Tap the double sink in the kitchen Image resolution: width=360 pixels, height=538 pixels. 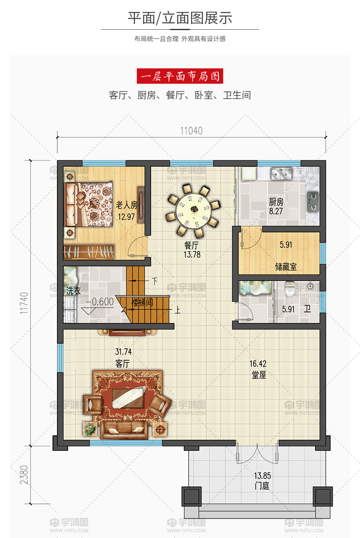point(282,174)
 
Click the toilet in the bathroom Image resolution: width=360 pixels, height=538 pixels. point(290,288)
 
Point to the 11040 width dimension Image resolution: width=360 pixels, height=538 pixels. point(191,131)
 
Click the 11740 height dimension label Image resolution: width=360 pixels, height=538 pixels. point(24,303)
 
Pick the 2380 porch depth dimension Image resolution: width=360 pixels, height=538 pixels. point(24,475)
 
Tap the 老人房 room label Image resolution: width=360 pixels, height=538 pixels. point(127,205)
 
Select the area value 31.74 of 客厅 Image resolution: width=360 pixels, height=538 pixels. point(123,352)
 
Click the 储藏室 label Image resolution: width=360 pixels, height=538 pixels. point(286,267)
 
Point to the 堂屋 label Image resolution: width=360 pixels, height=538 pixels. point(259,375)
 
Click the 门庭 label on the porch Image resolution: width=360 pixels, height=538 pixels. point(262,486)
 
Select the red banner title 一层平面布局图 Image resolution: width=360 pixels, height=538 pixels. point(180,76)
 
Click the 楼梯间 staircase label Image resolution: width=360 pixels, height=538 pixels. point(142,302)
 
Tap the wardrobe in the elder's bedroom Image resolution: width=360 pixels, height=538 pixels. point(89,252)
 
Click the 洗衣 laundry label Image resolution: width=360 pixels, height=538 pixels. point(73,291)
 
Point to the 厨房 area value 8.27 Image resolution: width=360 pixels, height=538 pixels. point(276,211)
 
